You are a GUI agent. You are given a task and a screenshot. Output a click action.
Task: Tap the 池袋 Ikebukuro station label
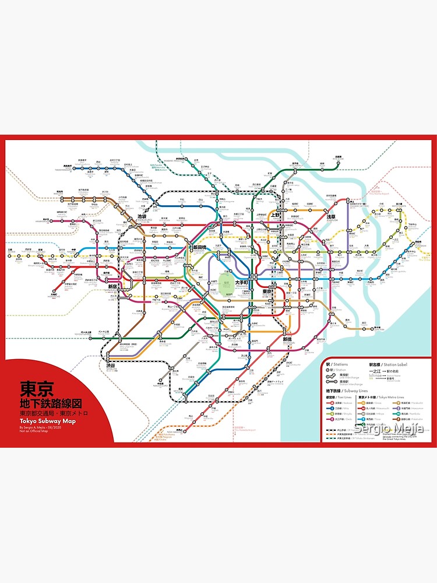142,217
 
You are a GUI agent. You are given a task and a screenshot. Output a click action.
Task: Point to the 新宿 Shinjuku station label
112,287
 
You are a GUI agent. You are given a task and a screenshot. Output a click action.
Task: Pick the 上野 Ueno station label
276,215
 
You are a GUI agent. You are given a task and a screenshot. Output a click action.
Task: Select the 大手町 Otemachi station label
242,283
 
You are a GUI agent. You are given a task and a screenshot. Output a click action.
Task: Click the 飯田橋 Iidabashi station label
199,248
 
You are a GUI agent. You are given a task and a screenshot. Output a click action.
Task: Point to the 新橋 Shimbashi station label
287,339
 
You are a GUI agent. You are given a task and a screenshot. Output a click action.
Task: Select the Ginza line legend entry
373,402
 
